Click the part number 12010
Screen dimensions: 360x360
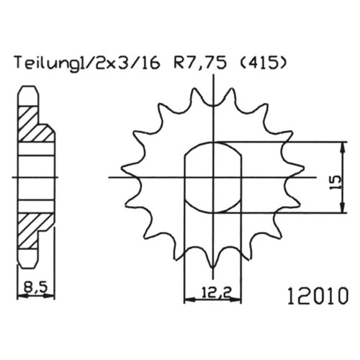tap(318, 296)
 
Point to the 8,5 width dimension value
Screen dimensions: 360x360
tap(35, 287)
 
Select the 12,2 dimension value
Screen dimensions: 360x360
tap(214, 292)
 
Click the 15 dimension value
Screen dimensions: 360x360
tap(336, 183)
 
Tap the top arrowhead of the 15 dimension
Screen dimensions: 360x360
tap(343, 146)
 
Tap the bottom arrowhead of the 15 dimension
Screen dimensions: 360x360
tap(343, 208)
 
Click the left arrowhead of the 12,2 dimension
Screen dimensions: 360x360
tap(189, 300)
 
